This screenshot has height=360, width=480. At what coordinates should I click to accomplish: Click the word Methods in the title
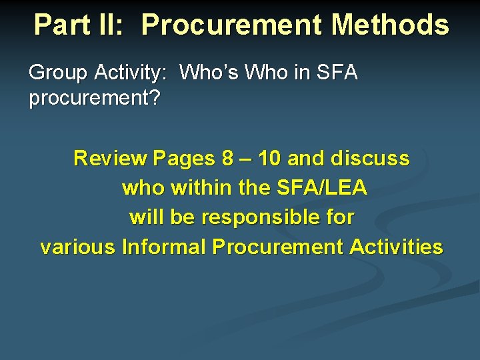(390, 25)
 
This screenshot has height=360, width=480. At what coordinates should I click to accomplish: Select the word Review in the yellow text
(110, 159)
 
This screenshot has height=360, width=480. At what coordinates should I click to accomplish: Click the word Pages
(182, 159)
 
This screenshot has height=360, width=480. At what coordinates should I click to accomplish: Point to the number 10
(270, 159)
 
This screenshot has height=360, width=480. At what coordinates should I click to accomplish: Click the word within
(201, 189)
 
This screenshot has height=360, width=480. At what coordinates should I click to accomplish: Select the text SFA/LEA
(321, 189)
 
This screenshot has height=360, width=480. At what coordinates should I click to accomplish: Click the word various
(78, 247)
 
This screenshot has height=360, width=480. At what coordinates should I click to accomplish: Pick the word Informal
(164, 247)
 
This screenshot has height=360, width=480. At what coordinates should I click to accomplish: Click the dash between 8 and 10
(245, 159)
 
